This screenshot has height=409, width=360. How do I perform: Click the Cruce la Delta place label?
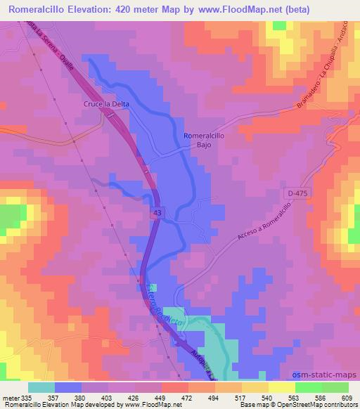tap(98, 106)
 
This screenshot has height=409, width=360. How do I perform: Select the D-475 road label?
tap(298, 192)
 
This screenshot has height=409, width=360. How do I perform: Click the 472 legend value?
tap(188, 397)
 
